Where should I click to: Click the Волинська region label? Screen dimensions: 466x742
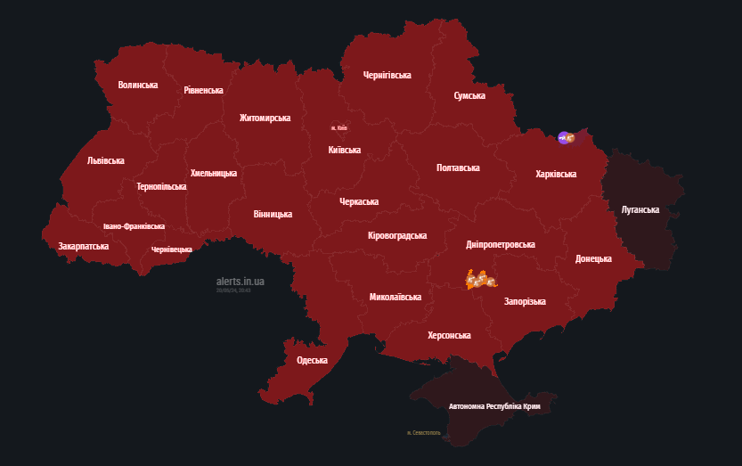[x=138, y=86]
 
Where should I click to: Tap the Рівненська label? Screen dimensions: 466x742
[x=203, y=91]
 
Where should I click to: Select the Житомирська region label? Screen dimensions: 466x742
[x=265, y=119]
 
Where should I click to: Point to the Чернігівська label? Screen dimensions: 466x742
[x=387, y=76]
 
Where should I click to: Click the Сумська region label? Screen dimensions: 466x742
[x=469, y=95]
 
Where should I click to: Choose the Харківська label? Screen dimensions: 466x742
[x=555, y=175]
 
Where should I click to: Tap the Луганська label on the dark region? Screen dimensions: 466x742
[x=640, y=210]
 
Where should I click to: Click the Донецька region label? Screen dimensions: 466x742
[x=593, y=259]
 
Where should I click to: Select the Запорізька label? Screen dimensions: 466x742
[x=525, y=302]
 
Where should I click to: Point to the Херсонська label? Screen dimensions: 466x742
[x=449, y=336]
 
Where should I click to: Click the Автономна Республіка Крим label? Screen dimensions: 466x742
[x=494, y=406]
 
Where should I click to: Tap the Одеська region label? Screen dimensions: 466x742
[x=312, y=361]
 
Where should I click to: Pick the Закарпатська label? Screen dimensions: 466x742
[x=84, y=246]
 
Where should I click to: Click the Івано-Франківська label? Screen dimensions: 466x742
[x=134, y=226]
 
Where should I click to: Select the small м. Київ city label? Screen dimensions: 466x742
[x=338, y=128]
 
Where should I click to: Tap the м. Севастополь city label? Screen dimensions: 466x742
[x=423, y=433]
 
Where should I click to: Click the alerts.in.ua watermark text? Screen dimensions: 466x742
[x=240, y=282]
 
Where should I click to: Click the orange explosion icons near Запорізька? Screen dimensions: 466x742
[x=479, y=280]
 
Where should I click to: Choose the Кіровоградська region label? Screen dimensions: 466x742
[x=396, y=236]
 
